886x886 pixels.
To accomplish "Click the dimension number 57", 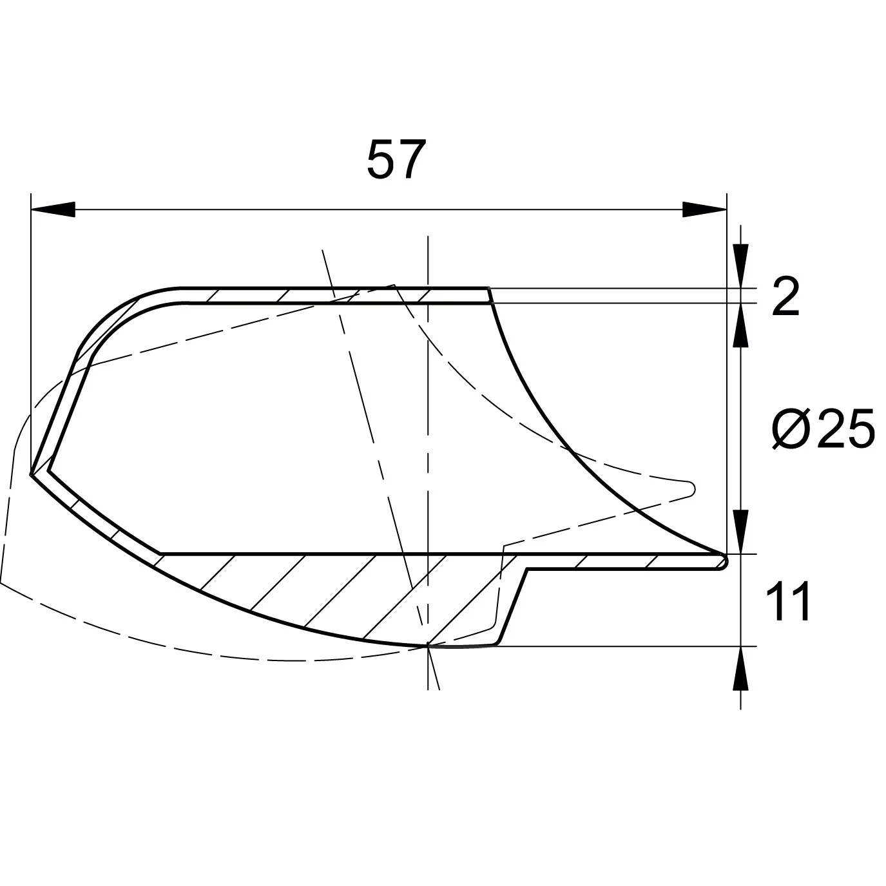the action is [396, 160].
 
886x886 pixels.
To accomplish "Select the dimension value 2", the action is [785, 296].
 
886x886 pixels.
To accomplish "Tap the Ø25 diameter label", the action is [823, 428].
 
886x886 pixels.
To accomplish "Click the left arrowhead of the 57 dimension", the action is [53, 209].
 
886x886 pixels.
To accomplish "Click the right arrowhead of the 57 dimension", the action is [704, 209].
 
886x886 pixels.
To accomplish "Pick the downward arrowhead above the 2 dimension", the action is [740, 265].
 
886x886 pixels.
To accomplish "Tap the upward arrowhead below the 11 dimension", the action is [740, 668].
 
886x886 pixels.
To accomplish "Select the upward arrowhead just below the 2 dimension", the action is [740, 325].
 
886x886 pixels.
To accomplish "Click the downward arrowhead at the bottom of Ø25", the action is [740, 532].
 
